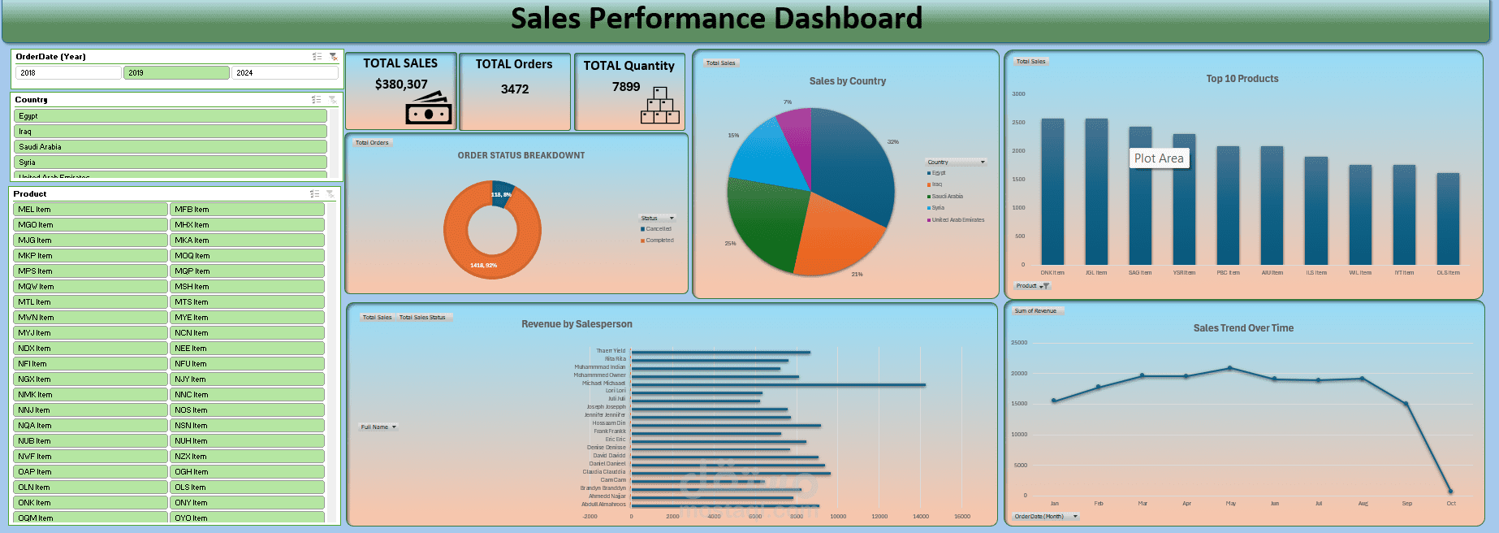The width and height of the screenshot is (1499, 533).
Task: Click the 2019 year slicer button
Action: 176,73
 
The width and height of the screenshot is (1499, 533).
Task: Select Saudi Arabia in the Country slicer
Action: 171,147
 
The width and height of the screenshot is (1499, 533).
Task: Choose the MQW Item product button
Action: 90,287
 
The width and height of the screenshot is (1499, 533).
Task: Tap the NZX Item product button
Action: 247,457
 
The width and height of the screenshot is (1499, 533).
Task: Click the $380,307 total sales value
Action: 401,84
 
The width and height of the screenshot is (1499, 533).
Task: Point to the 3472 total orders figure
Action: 515,89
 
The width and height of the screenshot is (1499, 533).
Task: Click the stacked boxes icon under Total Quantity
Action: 659,106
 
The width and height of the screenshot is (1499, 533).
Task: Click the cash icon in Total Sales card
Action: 429,108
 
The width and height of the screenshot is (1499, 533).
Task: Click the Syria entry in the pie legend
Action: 938,208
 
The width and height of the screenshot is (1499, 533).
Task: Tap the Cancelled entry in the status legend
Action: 658,229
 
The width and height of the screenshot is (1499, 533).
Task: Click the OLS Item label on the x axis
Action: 1448,273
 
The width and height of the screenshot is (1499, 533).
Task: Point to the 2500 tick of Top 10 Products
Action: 1017,123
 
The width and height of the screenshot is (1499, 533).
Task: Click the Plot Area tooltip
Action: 1159,158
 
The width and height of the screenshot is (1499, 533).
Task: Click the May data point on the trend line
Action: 1230,368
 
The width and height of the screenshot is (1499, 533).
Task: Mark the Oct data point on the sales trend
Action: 1450,491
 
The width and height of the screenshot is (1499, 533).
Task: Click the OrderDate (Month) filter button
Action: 1046,516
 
